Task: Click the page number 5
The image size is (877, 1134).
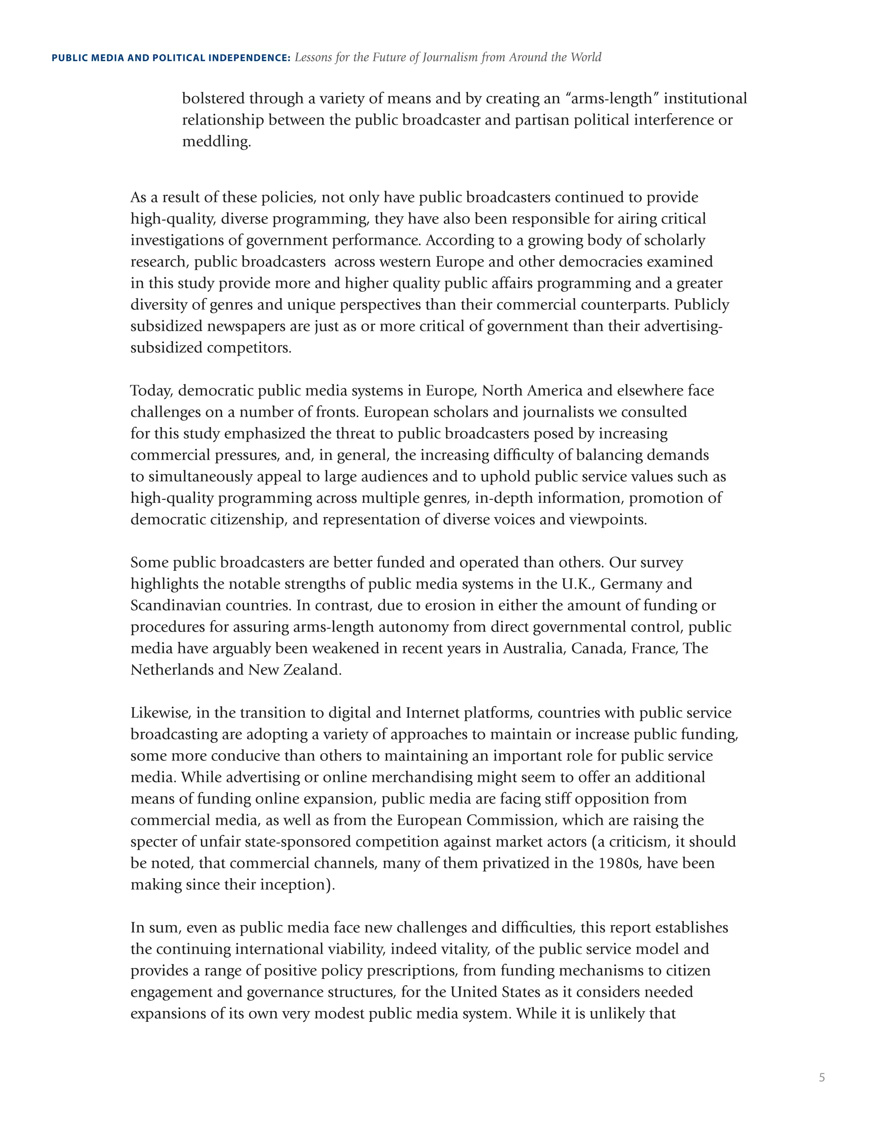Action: point(821,1078)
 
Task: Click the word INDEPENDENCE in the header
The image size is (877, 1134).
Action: point(249,58)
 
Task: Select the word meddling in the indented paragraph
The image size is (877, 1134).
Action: point(216,141)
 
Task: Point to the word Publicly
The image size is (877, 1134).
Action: point(701,304)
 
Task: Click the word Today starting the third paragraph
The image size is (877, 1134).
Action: point(151,390)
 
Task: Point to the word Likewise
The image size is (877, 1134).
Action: point(161,713)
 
